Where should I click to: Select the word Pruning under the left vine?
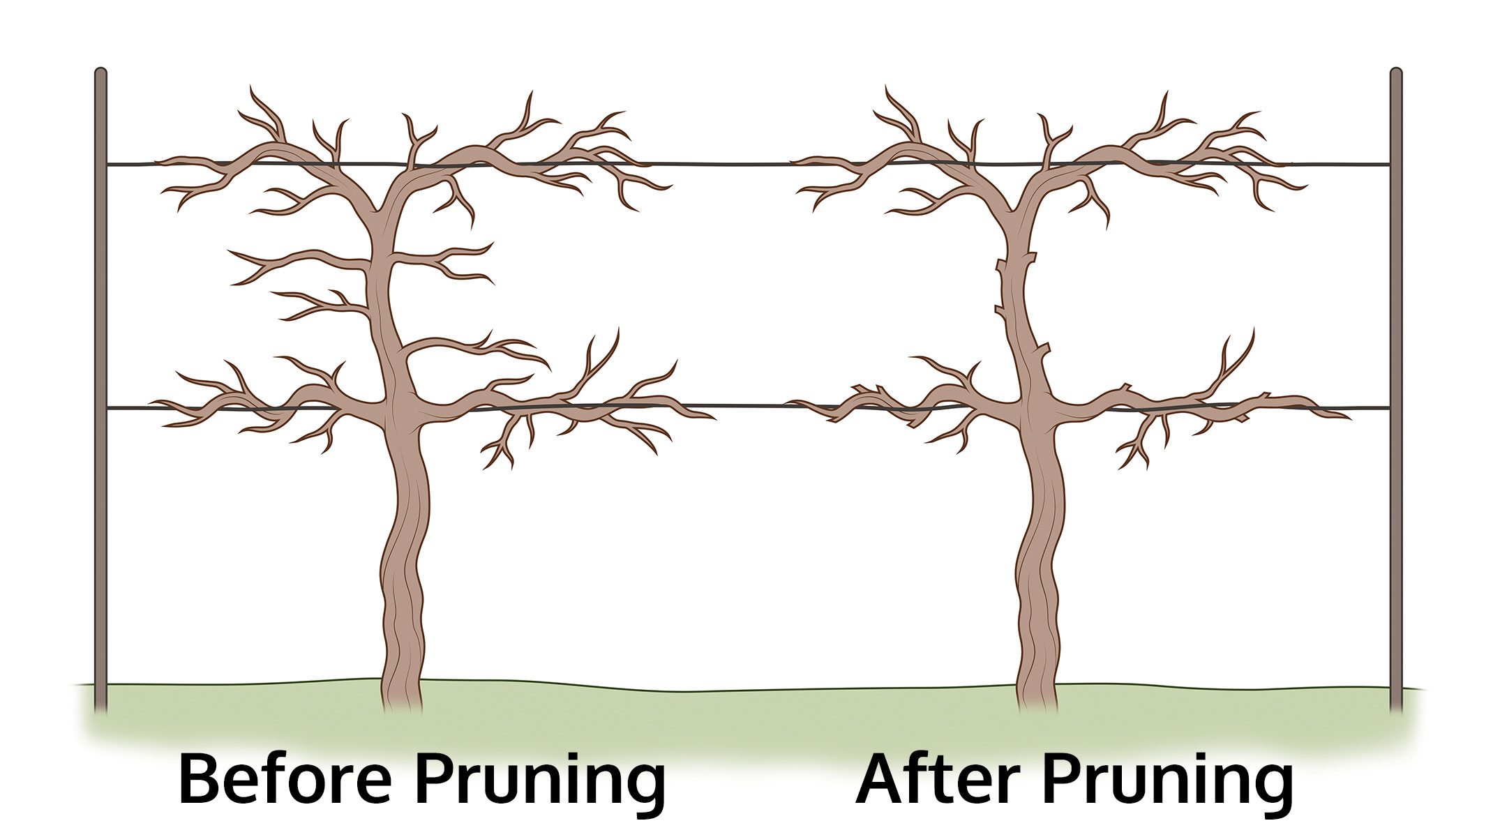(x=541, y=784)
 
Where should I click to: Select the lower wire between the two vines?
(x=750, y=405)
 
